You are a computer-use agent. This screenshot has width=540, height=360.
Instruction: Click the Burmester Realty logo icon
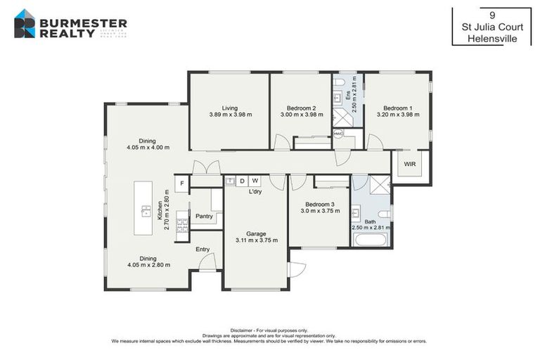pyautogui.click(x=25, y=23)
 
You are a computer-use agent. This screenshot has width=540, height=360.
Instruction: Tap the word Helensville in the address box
pyautogui.click(x=492, y=39)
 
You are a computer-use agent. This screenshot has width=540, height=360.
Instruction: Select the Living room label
pyautogui.click(x=229, y=108)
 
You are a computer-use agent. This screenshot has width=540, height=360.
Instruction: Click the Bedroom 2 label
pyautogui.click(x=300, y=108)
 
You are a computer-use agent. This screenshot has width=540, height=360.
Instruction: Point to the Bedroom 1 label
pyautogui.click(x=397, y=108)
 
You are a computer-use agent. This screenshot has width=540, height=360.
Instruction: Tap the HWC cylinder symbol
pyautogui.click(x=338, y=134)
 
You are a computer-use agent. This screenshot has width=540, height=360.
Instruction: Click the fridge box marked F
pyautogui.click(x=182, y=184)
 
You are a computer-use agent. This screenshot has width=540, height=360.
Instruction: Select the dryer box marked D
pyautogui.click(x=243, y=181)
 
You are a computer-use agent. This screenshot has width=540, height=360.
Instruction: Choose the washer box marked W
pyautogui.click(x=255, y=181)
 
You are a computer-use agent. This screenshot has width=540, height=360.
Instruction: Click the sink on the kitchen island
pyautogui.click(x=146, y=209)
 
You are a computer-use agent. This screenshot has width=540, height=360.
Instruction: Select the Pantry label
pyautogui.click(x=204, y=217)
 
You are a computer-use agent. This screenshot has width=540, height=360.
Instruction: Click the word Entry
pyautogui.click(x=202, y=250)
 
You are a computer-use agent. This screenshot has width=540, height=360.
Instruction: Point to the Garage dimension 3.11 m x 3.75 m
pyautogui.click(x=256, y=240)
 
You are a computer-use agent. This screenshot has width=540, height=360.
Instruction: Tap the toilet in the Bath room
pyautogui.click(x=383, y=213)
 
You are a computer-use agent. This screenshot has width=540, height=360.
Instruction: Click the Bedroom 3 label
pyautogui.click(x=320, y=204)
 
